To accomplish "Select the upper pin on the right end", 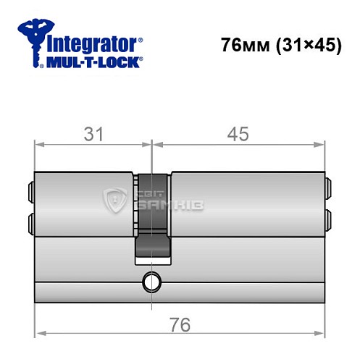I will (x=327, y=192).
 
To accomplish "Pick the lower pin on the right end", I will (x=327, y=219).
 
